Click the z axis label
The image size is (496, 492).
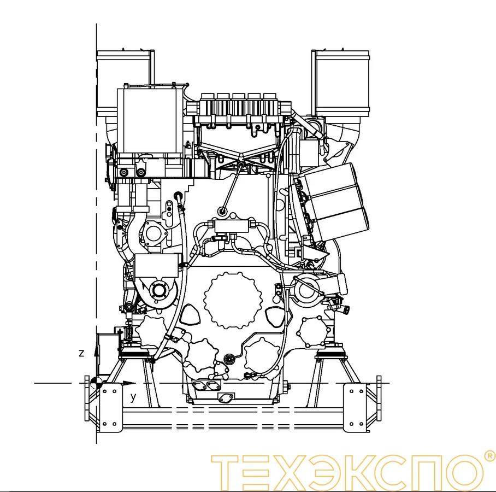click(x=81, y=353)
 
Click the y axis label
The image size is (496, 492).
click(x=133, y=397)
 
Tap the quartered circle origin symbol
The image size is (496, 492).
click(x=96, y=383)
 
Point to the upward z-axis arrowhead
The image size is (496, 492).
click(x=96, y=351)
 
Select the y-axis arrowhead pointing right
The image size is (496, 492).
click(x=129, y=383)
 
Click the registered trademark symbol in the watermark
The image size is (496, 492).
click(x=491, y=456)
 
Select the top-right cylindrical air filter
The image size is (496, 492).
click(x=340, y=83)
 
